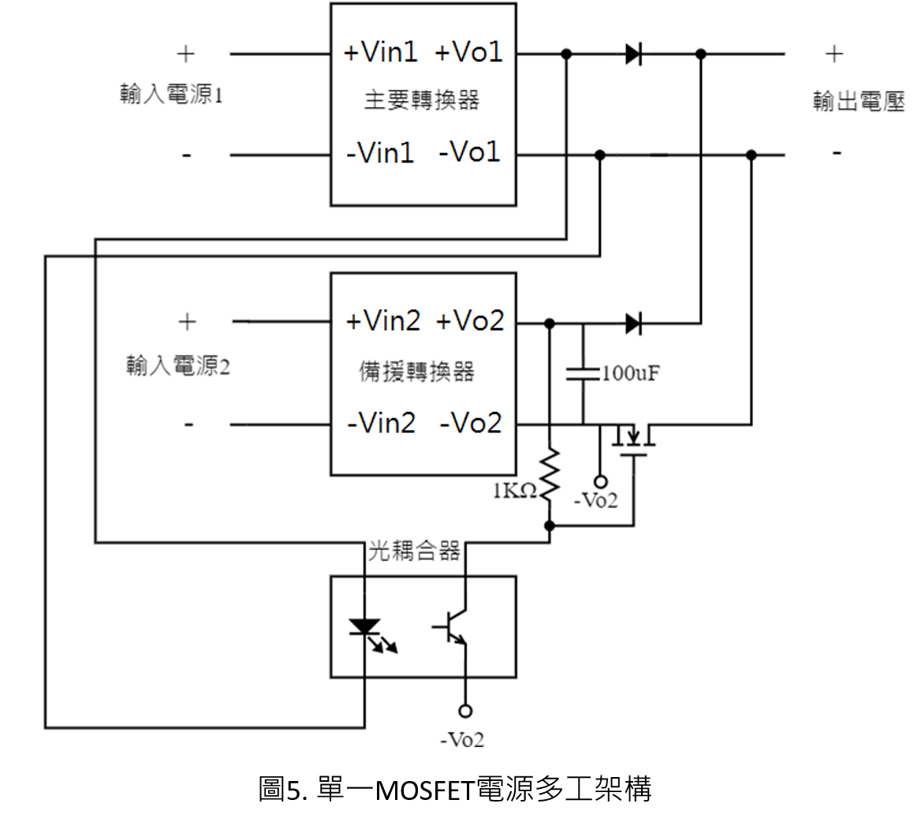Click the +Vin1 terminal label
click(x=381, y=52)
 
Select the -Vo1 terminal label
click(x=469, y=151)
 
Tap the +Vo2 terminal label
click(x=470, y=321)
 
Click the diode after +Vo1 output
click(x=633, y=54)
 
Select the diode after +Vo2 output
click(x=633, y=323)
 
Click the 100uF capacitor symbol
click(x=583, y=373)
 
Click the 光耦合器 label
click(x=414, y=551)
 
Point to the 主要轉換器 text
click(x=422, y=100)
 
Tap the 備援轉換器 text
click(x=416, y=372)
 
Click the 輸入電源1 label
click(x=171, y=94)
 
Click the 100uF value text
click(x=631, y=373)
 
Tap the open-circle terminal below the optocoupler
click(x=465, y=711)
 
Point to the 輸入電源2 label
click(x=178, y=366)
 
